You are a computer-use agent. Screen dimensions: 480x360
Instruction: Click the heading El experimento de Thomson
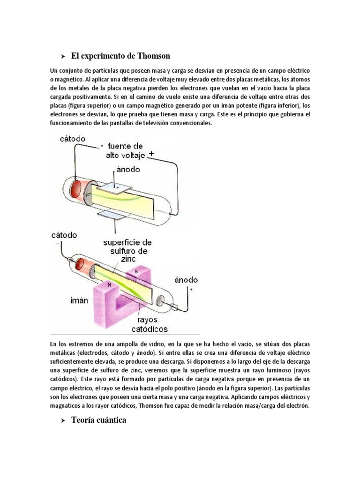point(120,56)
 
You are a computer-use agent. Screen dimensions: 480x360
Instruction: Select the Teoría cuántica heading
point(98,420)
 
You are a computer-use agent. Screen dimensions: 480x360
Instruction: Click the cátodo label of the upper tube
point(73,139)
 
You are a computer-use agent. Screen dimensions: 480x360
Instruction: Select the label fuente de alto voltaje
point(127,150)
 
